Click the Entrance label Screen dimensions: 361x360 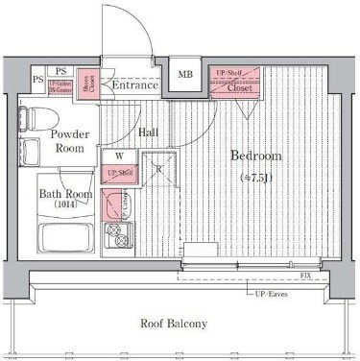tap(134, 86)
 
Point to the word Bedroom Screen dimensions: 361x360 tap(256, 155)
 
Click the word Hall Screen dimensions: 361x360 tap(148, 132)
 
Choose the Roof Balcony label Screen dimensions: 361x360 tap(174, 324)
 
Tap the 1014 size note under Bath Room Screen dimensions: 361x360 tap(63, 205)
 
